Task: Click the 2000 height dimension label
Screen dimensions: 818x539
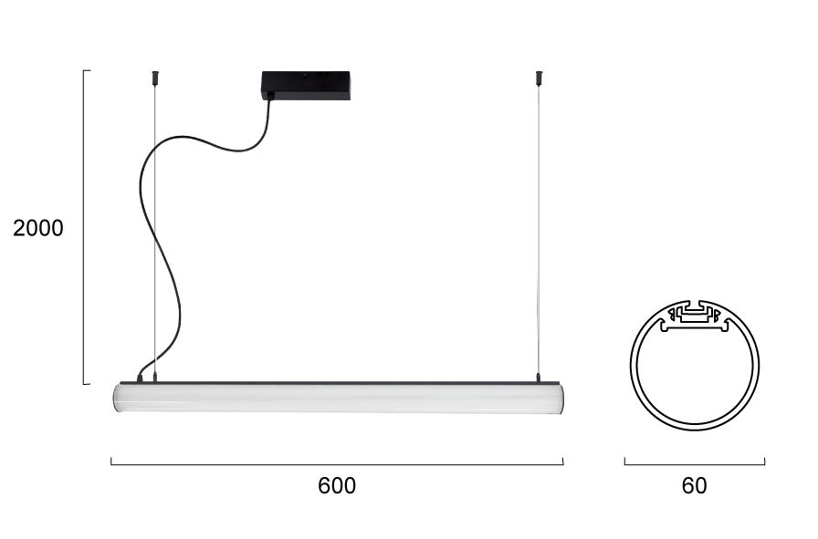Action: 38,228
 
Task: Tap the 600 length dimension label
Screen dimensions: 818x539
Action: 337,486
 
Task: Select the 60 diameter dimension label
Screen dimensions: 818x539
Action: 695,486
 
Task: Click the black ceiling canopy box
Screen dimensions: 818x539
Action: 306,86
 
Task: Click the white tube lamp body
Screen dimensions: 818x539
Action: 339,398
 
